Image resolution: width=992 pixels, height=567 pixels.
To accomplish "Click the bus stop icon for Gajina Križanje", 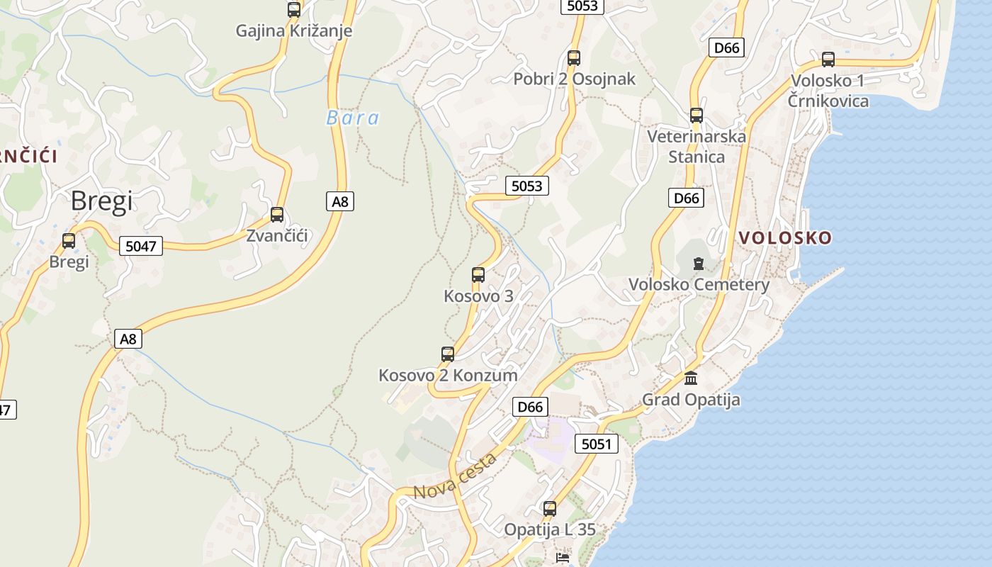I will click(x=294, y=10).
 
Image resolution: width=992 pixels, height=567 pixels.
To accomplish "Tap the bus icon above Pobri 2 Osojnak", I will click(x=574, y=58).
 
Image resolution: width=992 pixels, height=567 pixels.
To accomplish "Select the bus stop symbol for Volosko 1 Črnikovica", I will click(x=828, y=60).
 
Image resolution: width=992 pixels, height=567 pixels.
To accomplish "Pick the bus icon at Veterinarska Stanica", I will click(x=697, y=116).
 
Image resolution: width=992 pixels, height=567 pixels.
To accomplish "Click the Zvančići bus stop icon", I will click(x=277, y=215).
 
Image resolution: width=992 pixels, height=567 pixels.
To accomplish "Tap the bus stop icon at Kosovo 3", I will click(x=478, y=275).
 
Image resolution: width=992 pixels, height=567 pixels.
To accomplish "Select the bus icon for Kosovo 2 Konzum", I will click(x=448, y=354).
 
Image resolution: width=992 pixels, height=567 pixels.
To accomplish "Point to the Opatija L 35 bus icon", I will click(x=550, y=508).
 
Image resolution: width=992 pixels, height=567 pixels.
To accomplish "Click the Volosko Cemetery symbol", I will click(x=699, y=264).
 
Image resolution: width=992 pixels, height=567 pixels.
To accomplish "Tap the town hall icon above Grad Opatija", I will click(x=691, y=378).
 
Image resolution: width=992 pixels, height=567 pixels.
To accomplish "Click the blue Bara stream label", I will click(x=353, y=118).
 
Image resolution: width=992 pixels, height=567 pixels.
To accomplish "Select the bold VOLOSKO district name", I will click(x=784, y=238).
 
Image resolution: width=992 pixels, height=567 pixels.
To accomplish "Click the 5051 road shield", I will click(x=596, y=444).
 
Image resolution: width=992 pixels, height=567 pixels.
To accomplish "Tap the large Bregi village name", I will click(x=101, y=201).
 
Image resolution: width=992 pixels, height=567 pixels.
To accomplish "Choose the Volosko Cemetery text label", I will click(x=699, y=285).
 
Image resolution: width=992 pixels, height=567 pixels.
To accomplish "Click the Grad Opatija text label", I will click(x=691, y=400).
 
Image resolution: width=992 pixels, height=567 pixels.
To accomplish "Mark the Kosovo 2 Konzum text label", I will click(x=448, y=376).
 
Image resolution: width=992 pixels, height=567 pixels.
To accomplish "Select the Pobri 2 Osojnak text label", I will click(x=575, y=79).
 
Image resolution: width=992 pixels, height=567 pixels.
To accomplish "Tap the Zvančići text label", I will click(x=277, y=236).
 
